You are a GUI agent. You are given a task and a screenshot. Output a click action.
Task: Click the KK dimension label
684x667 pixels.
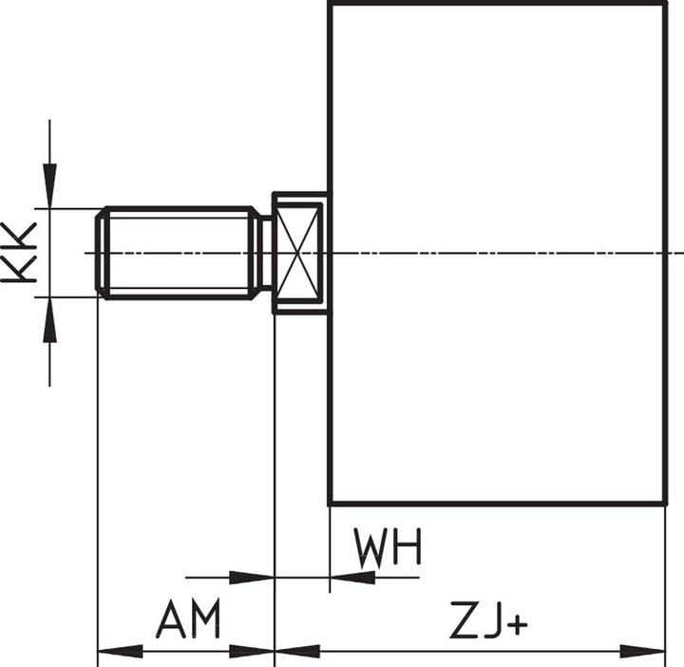(x=19, y=253)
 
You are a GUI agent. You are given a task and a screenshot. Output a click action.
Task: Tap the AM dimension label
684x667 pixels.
(x=188, y=620)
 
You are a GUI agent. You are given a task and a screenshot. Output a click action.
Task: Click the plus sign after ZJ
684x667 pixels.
(x=517, y=625)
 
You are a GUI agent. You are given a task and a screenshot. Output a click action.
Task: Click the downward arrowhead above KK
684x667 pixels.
(x=49, y=185)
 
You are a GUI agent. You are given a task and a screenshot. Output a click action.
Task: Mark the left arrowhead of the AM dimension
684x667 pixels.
(x=118, y=651)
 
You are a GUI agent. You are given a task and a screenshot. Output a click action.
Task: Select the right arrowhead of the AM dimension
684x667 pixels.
(x=254, y=651)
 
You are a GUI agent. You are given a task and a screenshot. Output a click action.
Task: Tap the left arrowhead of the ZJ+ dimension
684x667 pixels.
(x=296, y=651)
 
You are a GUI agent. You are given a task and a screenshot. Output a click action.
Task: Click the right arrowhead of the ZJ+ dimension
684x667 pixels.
(x=643, y=651)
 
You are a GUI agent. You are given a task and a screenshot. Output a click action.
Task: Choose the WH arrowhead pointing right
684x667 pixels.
(x=252, y=577)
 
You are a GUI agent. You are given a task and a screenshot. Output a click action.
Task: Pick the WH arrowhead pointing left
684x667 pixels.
(x=351, y=577)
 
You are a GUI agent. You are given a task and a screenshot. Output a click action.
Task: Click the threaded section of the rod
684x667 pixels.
(x=180, y=253)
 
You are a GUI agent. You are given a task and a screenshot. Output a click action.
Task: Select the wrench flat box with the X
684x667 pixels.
(x=300, y=253)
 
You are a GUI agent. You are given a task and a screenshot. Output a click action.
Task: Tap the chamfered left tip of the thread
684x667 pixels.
(x=102, y=253)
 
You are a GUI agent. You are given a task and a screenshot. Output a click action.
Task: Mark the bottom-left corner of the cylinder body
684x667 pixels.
(x=330, y=503)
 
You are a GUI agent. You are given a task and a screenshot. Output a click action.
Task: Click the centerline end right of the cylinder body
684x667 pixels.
(x=678, y=253)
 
